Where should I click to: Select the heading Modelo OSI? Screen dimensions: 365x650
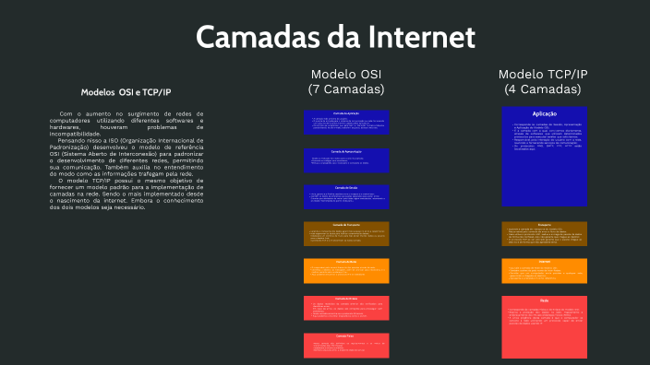346,74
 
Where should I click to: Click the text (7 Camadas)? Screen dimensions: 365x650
346,89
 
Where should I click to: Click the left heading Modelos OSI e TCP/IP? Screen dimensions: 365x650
126,92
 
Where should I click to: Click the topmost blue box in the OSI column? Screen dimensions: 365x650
346,122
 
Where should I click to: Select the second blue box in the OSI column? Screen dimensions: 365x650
346,159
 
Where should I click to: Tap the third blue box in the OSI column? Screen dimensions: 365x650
346,196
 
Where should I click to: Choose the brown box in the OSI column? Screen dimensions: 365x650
346,233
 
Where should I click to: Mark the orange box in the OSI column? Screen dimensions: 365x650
346,270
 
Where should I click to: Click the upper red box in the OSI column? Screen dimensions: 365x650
346,308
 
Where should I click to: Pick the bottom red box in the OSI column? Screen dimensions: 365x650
346,345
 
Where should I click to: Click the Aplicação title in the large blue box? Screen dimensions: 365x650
543,113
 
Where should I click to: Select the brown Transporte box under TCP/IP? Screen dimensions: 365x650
543,233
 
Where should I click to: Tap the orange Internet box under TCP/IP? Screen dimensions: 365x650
543,270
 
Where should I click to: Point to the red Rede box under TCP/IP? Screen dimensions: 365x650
543,326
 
